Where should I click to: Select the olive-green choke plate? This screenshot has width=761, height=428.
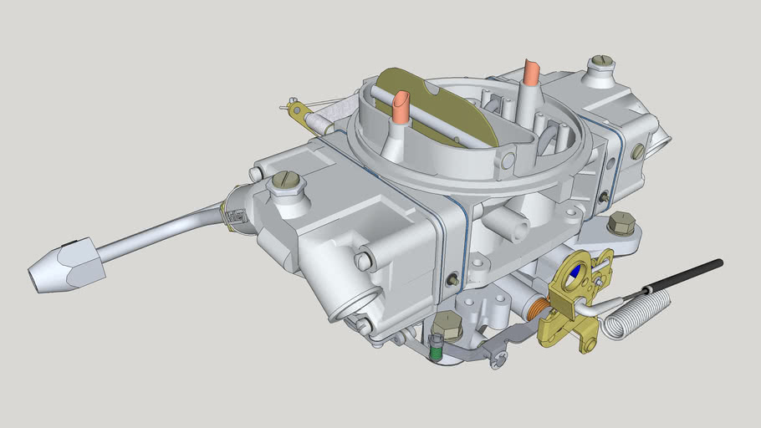click(x=435, y=104)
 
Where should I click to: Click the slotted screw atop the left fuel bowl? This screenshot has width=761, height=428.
click(x=286, y=181)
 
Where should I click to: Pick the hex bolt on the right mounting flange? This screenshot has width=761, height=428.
click(x=621, y=223)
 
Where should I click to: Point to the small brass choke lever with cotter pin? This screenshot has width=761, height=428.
click(x=294, y=108)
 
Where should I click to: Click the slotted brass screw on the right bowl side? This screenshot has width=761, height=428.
click(x=637, y=151)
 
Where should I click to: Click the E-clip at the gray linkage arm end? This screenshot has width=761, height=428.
click(x=500, y=359)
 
